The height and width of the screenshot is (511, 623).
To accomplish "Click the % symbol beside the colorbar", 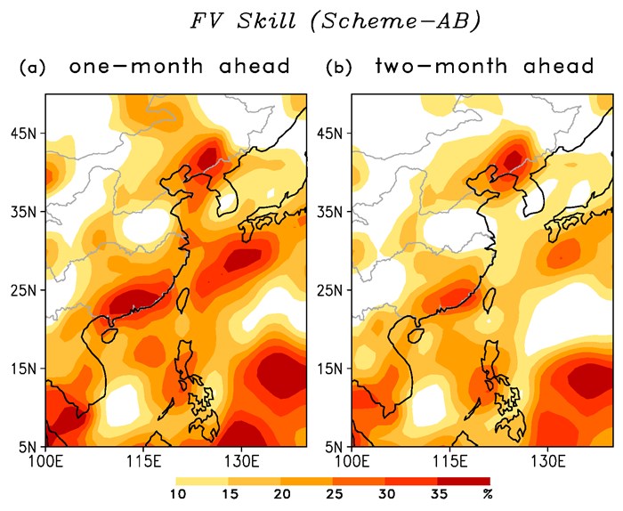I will [487, 494].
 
